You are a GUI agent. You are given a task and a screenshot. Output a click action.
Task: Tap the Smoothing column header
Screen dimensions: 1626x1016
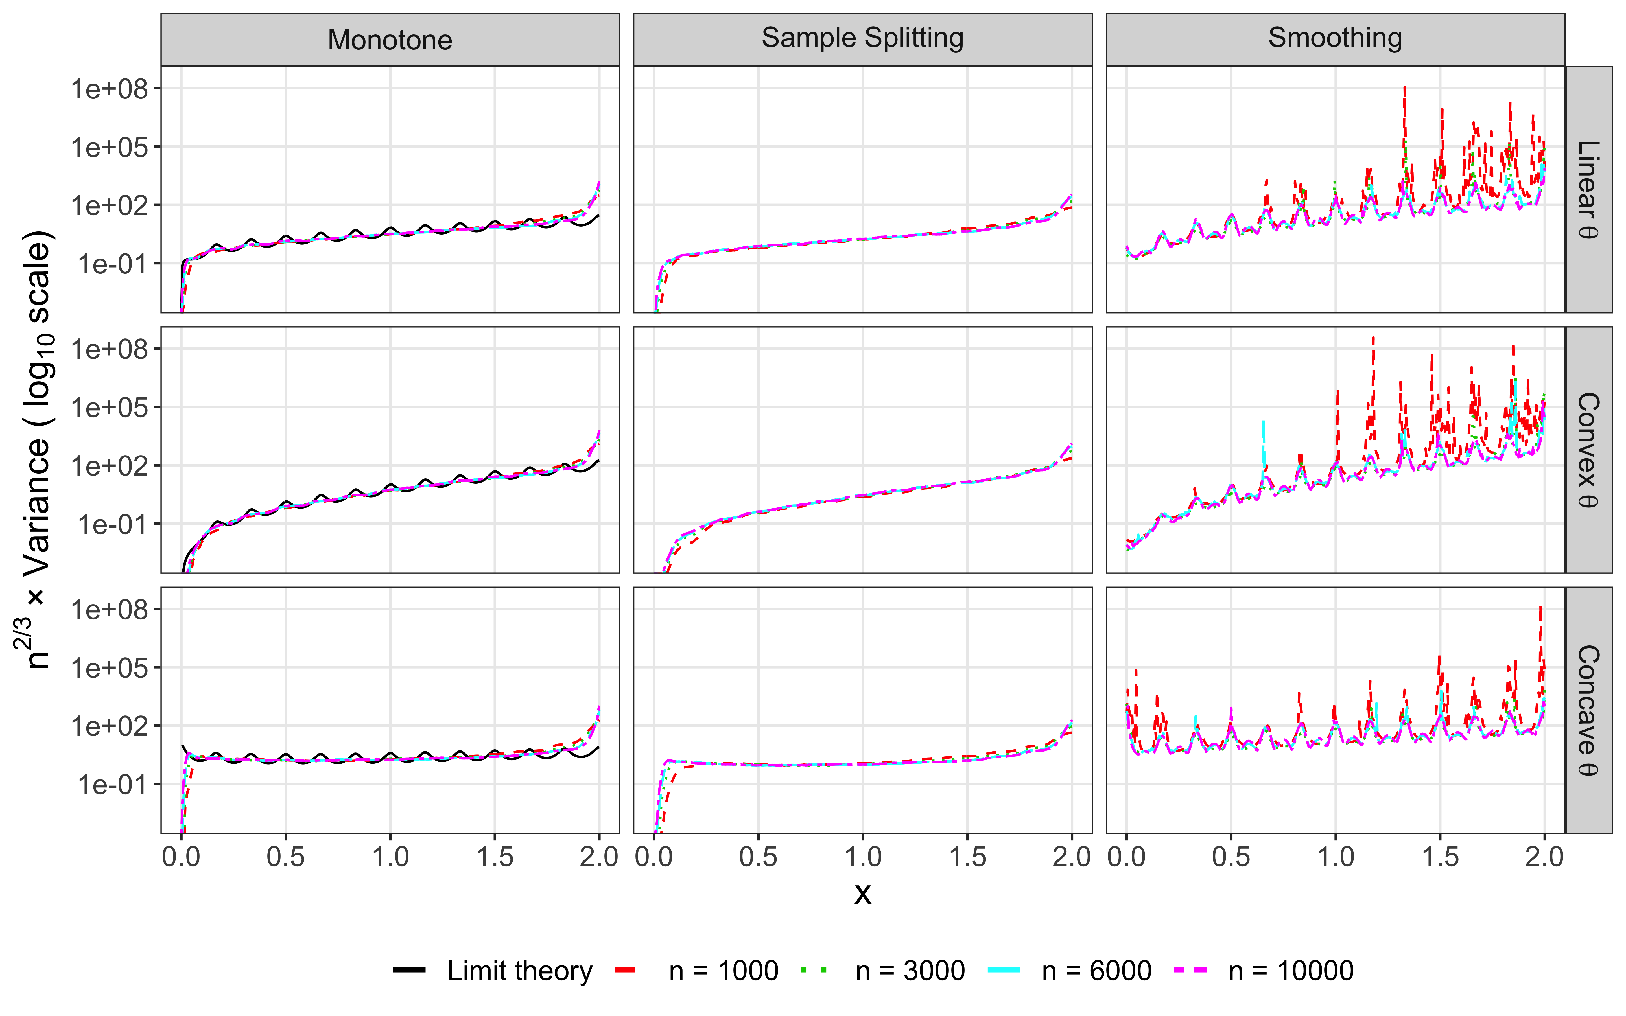click(x=1335, y=38)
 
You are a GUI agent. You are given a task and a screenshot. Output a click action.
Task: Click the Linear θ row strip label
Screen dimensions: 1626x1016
click(x=1588, y=189)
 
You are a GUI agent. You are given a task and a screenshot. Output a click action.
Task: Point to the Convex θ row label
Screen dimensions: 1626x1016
click(x=1588, y=450)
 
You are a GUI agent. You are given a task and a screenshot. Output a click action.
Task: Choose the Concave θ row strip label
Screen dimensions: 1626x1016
click(x=1588, y=710)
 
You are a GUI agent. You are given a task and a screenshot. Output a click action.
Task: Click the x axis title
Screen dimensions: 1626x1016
click(x=863, y=894)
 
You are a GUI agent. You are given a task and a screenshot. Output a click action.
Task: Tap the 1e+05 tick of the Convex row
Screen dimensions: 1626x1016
click(x=110, y=407)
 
